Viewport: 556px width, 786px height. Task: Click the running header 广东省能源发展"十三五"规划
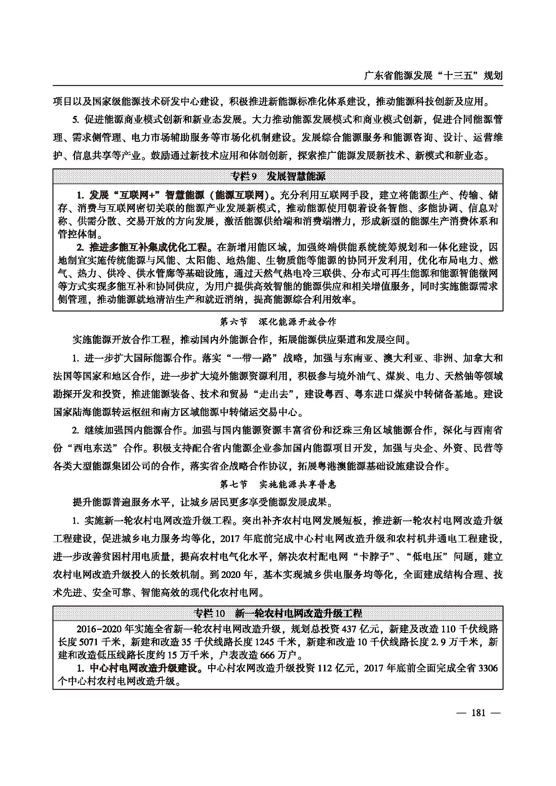coord(433,75)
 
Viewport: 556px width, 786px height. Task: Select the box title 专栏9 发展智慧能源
coord(278,177)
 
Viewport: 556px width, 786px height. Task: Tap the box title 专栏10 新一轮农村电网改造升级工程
coord(278,613)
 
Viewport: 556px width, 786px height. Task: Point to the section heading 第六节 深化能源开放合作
coord(278,322)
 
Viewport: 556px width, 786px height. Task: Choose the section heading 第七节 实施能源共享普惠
coord(278,484)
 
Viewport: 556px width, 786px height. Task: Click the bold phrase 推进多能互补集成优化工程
coord(148,247)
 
